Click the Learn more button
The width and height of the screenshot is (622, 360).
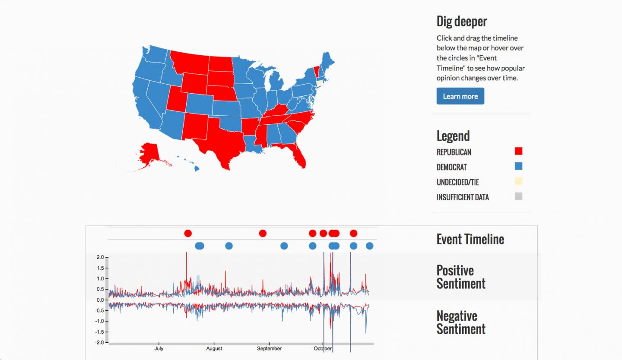(460, 96)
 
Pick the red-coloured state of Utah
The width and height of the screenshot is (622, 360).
(175, 99)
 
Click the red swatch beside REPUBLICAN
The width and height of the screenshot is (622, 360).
(518, 151)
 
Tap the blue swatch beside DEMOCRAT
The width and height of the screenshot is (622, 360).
(518, 166)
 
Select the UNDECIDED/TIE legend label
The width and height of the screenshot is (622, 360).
(457, 182)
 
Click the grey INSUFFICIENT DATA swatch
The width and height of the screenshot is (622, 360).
(518, 196)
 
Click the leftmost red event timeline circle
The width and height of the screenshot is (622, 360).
(187, 234)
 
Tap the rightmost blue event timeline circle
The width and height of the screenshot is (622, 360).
(369, 246)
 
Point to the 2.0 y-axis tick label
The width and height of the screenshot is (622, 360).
(100, 257)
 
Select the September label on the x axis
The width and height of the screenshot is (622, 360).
(269, 349)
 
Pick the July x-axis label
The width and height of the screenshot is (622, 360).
(159, 349)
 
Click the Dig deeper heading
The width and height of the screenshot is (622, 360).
(461, 21)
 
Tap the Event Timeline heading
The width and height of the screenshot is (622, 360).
(470, 239)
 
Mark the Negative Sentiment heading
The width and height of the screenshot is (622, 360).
(460, 322)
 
